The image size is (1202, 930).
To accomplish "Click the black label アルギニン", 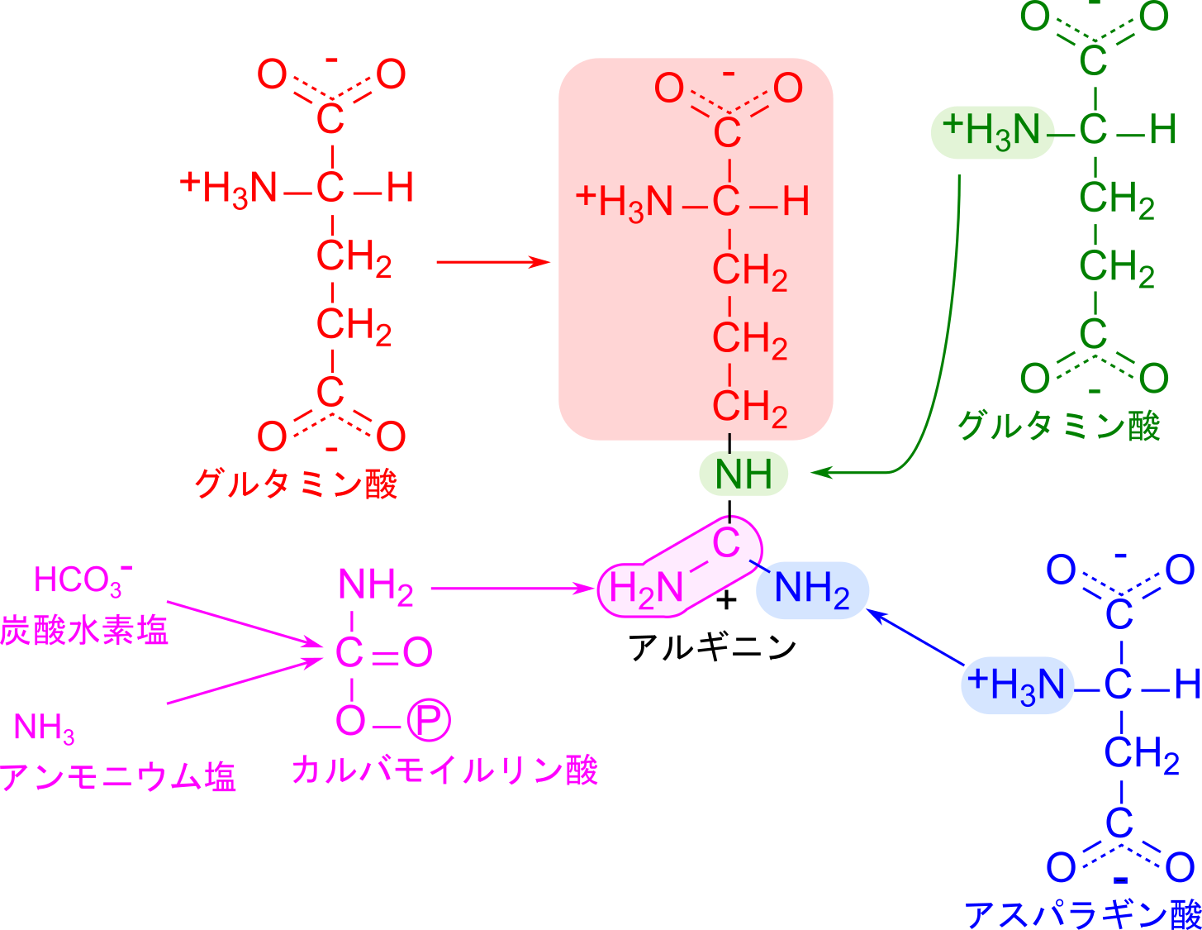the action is (x=712, y=646).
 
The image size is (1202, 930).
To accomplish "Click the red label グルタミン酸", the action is (x=297, y=484).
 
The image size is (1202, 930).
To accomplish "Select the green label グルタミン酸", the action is (x=1058, y=426).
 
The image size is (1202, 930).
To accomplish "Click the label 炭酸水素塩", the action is (x=84, y=630).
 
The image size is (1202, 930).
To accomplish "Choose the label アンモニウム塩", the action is (x=118, y=776).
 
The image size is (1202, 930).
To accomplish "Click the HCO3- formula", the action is (x=83, y=580).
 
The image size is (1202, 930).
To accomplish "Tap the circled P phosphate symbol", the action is (x=429, y=720).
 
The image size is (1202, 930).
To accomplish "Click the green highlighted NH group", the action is (x=743, y=474).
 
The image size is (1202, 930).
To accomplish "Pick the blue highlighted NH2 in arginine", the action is (x=811, y=589).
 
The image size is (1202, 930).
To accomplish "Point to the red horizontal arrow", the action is (x=493, y=262).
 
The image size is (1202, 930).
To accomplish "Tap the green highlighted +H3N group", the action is (x=992, y=133).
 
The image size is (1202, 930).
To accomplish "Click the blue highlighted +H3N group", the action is (x=1017, y=685).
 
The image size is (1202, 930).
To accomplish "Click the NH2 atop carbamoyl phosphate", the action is (x=376, y=586).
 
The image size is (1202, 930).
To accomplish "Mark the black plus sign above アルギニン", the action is (x=726, y=600).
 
